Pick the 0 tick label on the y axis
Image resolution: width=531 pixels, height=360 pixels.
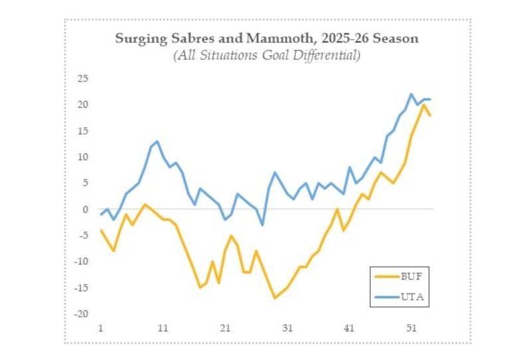85,209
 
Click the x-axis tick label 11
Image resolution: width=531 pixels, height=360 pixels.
163,328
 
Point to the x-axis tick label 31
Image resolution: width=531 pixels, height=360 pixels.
287,328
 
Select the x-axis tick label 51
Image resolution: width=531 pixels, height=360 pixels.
412,328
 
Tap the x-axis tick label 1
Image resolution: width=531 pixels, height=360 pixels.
100,328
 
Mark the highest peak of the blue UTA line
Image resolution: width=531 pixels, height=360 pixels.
412,94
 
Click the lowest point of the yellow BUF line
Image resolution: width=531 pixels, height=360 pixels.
275,298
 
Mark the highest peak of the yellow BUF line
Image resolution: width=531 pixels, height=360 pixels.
423,105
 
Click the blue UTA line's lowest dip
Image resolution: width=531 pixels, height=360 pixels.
262,225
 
